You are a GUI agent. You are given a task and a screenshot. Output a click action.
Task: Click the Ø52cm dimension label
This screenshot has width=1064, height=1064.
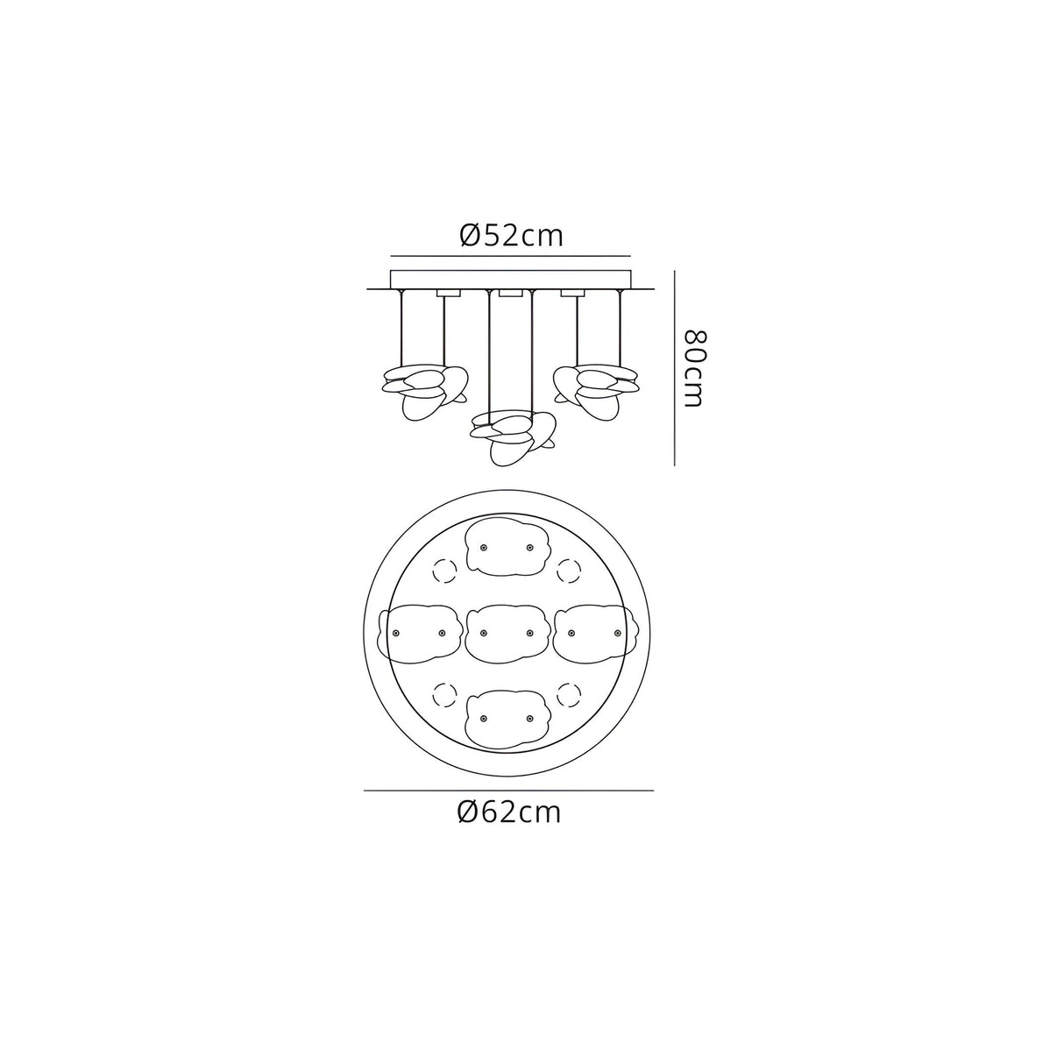pyautogui.click(x=511, y=237)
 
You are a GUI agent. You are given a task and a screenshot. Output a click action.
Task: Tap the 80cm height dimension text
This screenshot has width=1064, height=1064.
pyautogui.click(x=693, y=368)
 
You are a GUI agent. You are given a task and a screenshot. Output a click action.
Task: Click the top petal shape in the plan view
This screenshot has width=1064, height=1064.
pyautogui.click(x=507, y=548)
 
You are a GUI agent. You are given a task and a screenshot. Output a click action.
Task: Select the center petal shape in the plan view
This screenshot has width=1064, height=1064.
pyautogui.click(x=507, y=633)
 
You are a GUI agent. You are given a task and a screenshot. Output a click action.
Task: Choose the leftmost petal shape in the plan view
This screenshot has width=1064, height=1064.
pyautogui.click(x=419, y=633)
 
